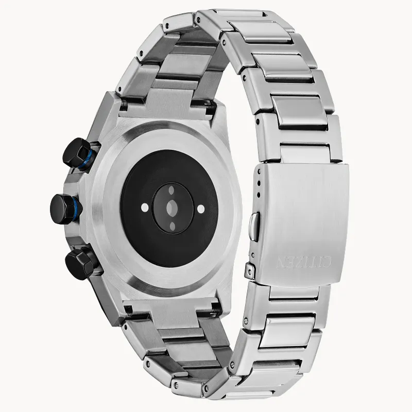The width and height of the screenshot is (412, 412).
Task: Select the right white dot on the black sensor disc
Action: tap(201, 208)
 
